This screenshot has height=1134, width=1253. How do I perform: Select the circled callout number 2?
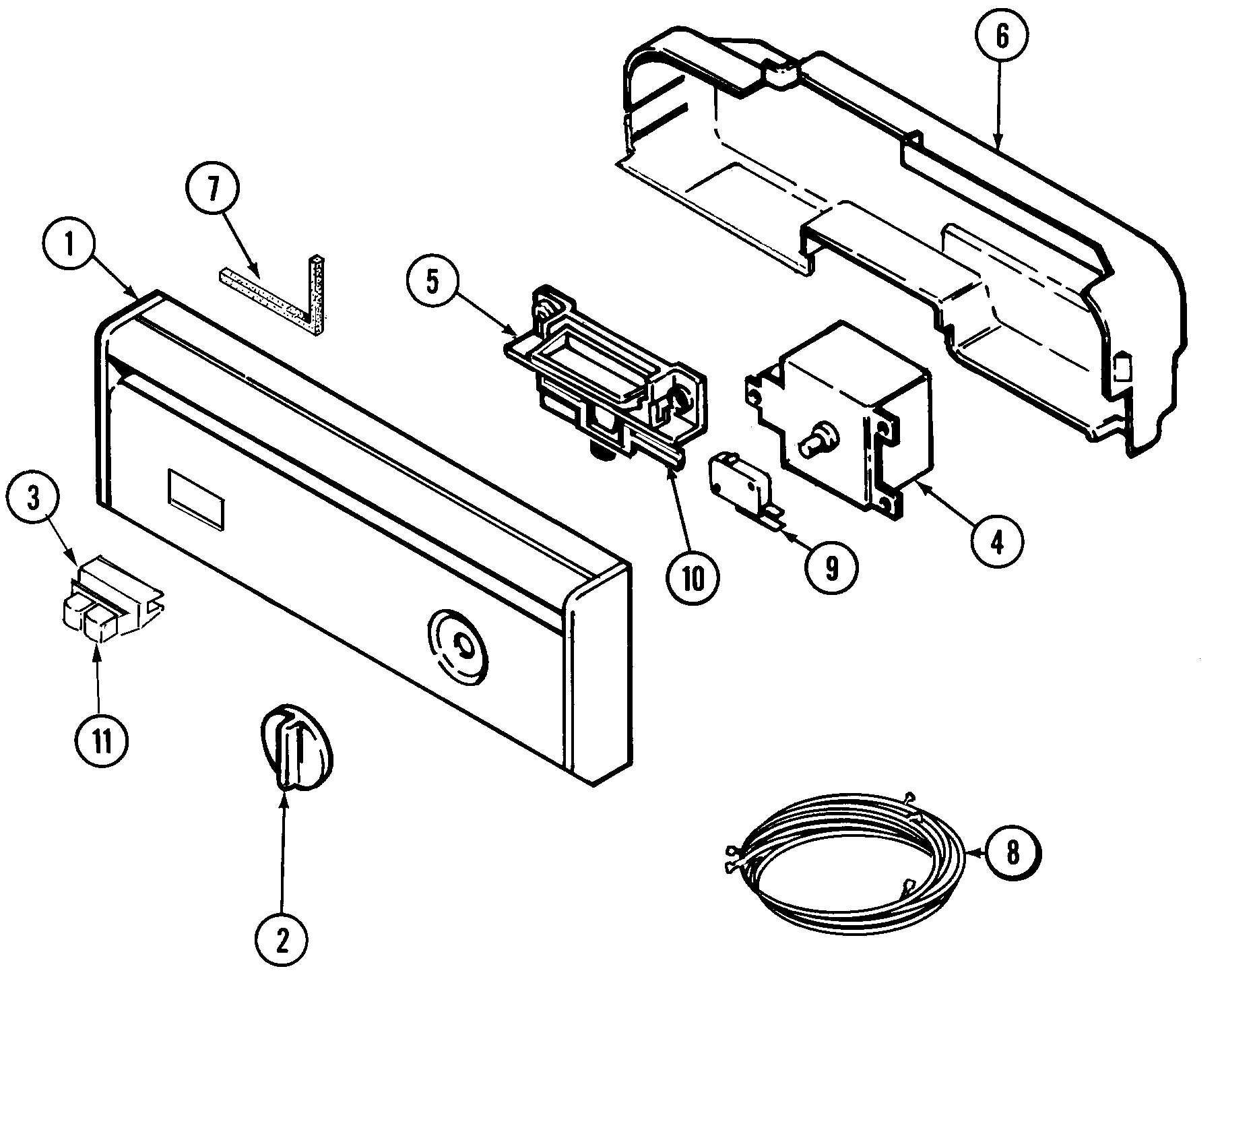click(282, 939)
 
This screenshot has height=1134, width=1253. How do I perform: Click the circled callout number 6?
click(1002, 37)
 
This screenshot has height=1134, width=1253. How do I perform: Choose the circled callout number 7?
click(213, 191)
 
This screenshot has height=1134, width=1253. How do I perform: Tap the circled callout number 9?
click(831, 569)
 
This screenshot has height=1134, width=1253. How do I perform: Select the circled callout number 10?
click(693, 577)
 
